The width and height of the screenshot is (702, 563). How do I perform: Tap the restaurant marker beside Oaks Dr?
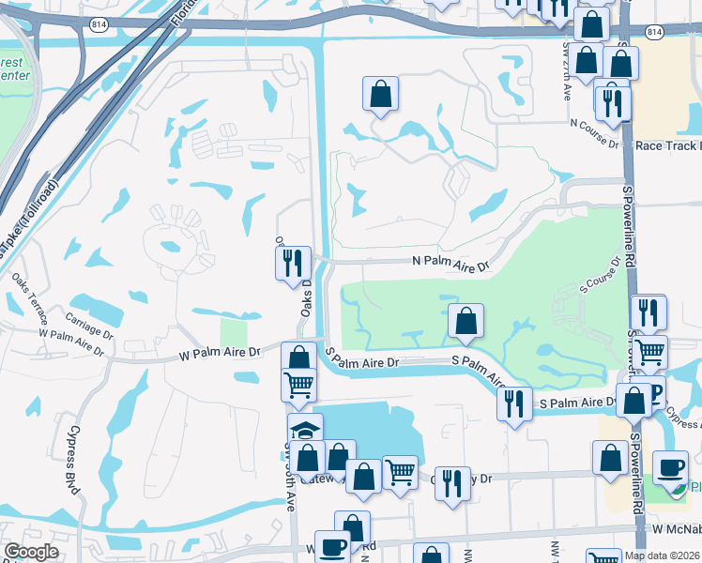[293, 262]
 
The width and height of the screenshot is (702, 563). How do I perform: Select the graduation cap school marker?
[305, 431]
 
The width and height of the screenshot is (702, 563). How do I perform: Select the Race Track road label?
[666, 145]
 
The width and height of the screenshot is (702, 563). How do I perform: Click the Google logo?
[32, 552]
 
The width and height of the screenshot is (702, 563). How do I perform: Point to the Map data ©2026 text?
[663, 555]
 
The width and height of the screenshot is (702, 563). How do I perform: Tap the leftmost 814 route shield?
[98, 23]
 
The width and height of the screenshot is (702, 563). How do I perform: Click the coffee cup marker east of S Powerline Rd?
[670, 467]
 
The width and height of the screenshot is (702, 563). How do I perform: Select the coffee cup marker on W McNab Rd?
[331, 547]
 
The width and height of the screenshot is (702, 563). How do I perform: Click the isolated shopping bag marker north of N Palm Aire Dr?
[380, 94]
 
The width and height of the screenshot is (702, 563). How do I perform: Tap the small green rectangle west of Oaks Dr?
[233, 333]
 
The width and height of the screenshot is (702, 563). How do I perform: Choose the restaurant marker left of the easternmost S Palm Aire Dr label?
[514, 404]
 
